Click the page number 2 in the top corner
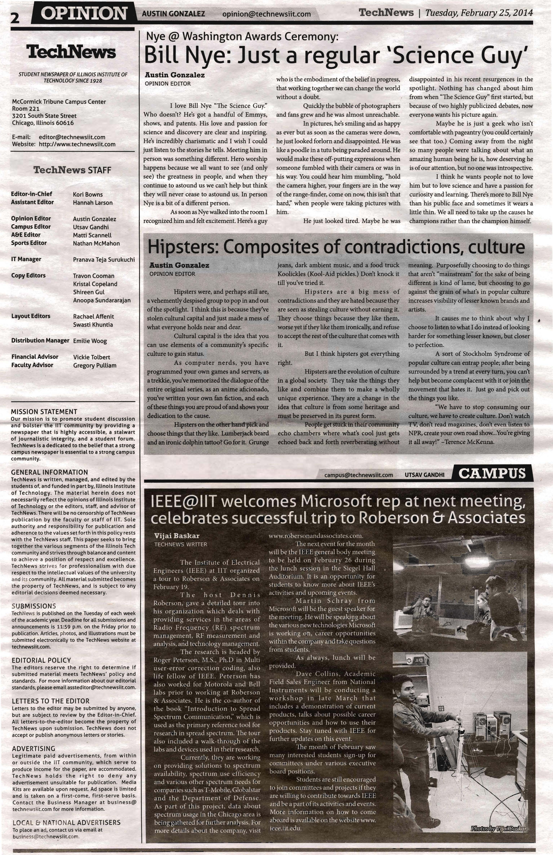(15, 17)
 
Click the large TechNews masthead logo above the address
(72, 52)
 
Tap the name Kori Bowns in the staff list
(88, 194)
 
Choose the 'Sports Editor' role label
(29, 243)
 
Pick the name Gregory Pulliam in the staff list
(95, 365)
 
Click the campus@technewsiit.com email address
(358, 475)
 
